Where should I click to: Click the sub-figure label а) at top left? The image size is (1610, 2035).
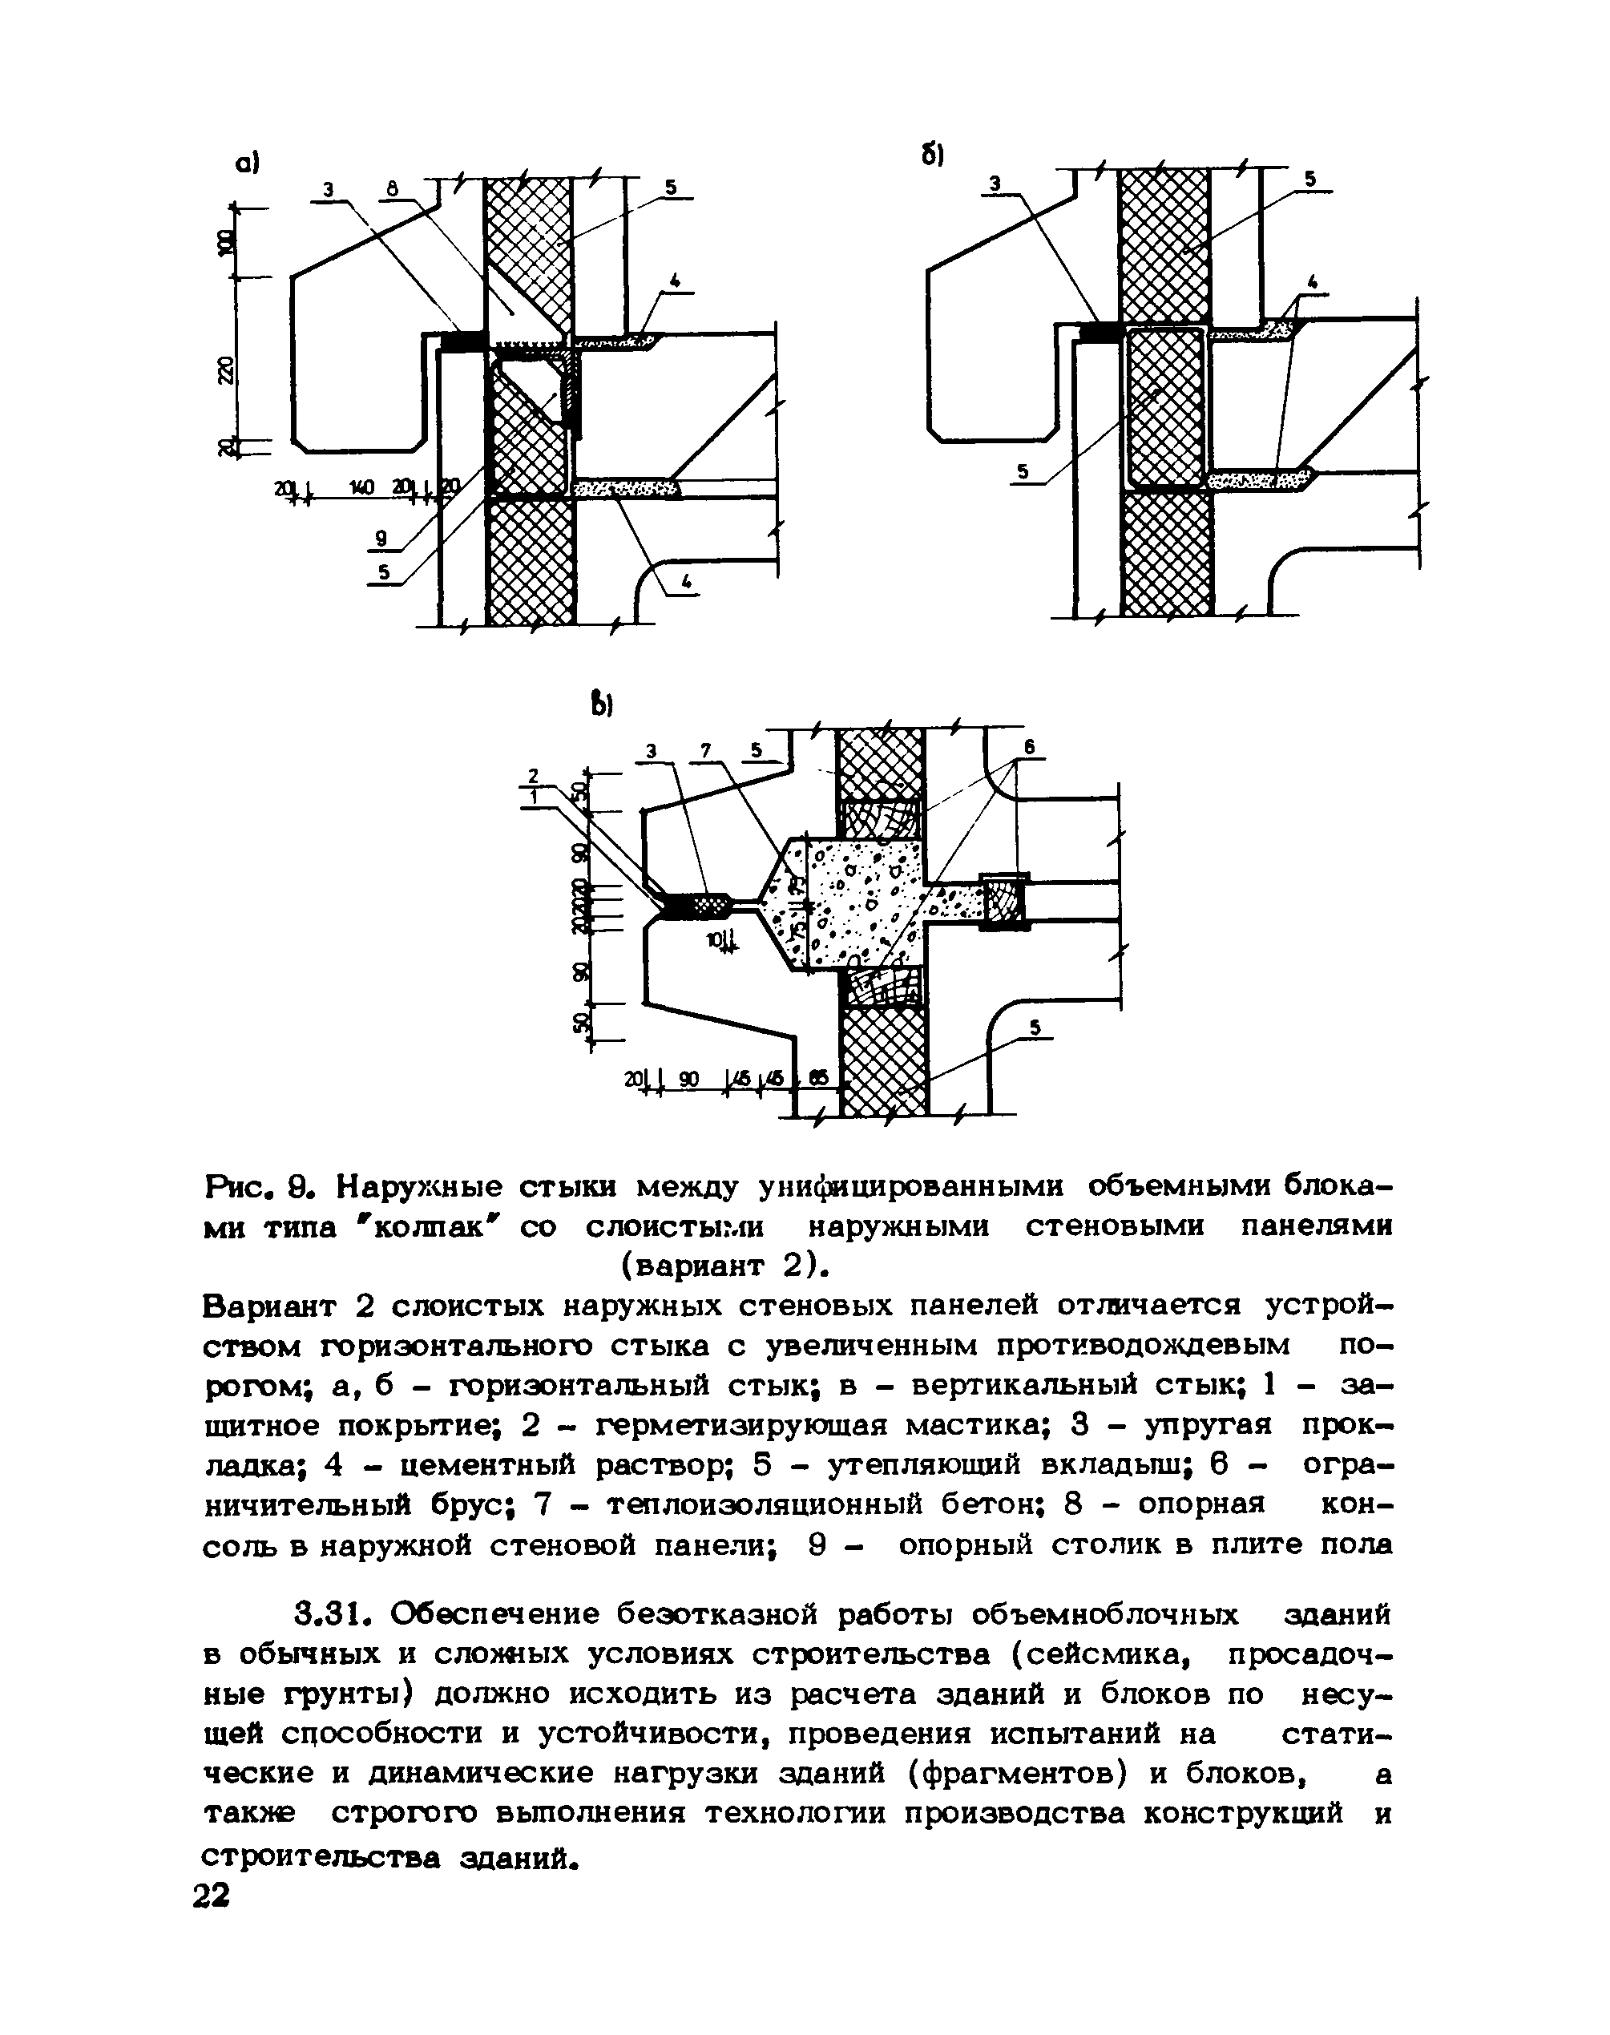pos(247,164)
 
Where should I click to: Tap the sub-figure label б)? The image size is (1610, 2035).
pos(933,155)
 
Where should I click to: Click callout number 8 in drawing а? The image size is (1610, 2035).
pos(392,189)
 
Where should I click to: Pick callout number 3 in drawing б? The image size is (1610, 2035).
pos(995,183)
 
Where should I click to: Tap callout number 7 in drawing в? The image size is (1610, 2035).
pos(706,750)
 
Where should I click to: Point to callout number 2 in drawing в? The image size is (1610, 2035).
pos(533,775)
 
